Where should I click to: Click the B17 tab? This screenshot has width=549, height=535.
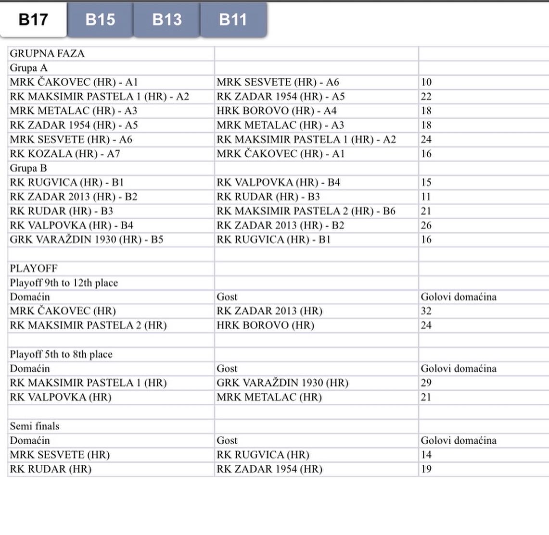pos(33,19)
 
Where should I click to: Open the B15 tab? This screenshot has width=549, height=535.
pos(100,19)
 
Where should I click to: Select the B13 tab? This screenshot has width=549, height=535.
pos(166,19)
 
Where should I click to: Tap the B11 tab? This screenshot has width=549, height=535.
pos(233,19)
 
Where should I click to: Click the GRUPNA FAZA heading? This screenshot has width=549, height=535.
pos(47,53)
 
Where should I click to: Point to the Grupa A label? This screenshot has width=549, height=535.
pos(28,68)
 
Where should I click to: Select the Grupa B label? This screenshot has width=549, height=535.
pos(28,168)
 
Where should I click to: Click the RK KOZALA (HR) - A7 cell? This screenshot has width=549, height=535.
pos(65,154)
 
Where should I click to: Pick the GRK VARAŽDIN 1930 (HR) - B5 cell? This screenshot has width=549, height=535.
pos(87,239)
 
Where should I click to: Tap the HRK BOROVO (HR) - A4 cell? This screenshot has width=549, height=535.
pos(277,111)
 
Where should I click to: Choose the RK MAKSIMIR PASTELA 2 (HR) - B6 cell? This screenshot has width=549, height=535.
pos(306,211)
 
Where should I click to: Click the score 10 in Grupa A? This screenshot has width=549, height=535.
pos(426,82)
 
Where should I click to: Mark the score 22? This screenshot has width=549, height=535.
pos(426,97)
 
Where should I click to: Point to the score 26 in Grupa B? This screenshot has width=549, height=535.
pos(426,225)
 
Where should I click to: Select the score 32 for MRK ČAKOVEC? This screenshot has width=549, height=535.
pos(426,311)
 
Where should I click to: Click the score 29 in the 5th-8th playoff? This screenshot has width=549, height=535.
pos(426,383)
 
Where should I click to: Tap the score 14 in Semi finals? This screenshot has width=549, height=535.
pos(426,455)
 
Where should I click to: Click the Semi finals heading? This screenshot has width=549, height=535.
pos(35,426)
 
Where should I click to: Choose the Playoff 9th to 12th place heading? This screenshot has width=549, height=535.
pos(64,283)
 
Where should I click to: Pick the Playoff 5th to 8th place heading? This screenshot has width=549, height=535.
pos(61,354)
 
